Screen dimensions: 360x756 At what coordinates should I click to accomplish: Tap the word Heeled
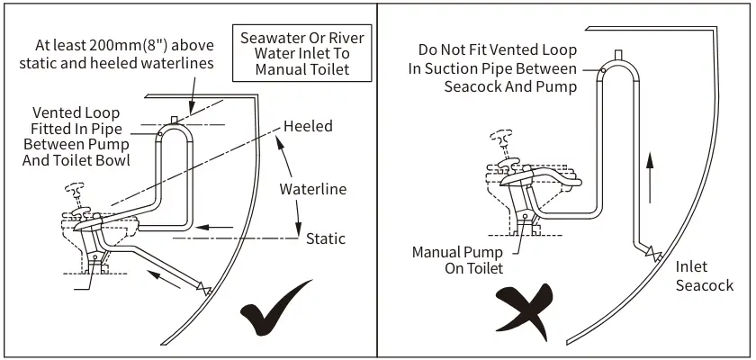click(x=308, y=127)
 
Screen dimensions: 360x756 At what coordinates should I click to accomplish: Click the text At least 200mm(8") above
click(x=124, y=53)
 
